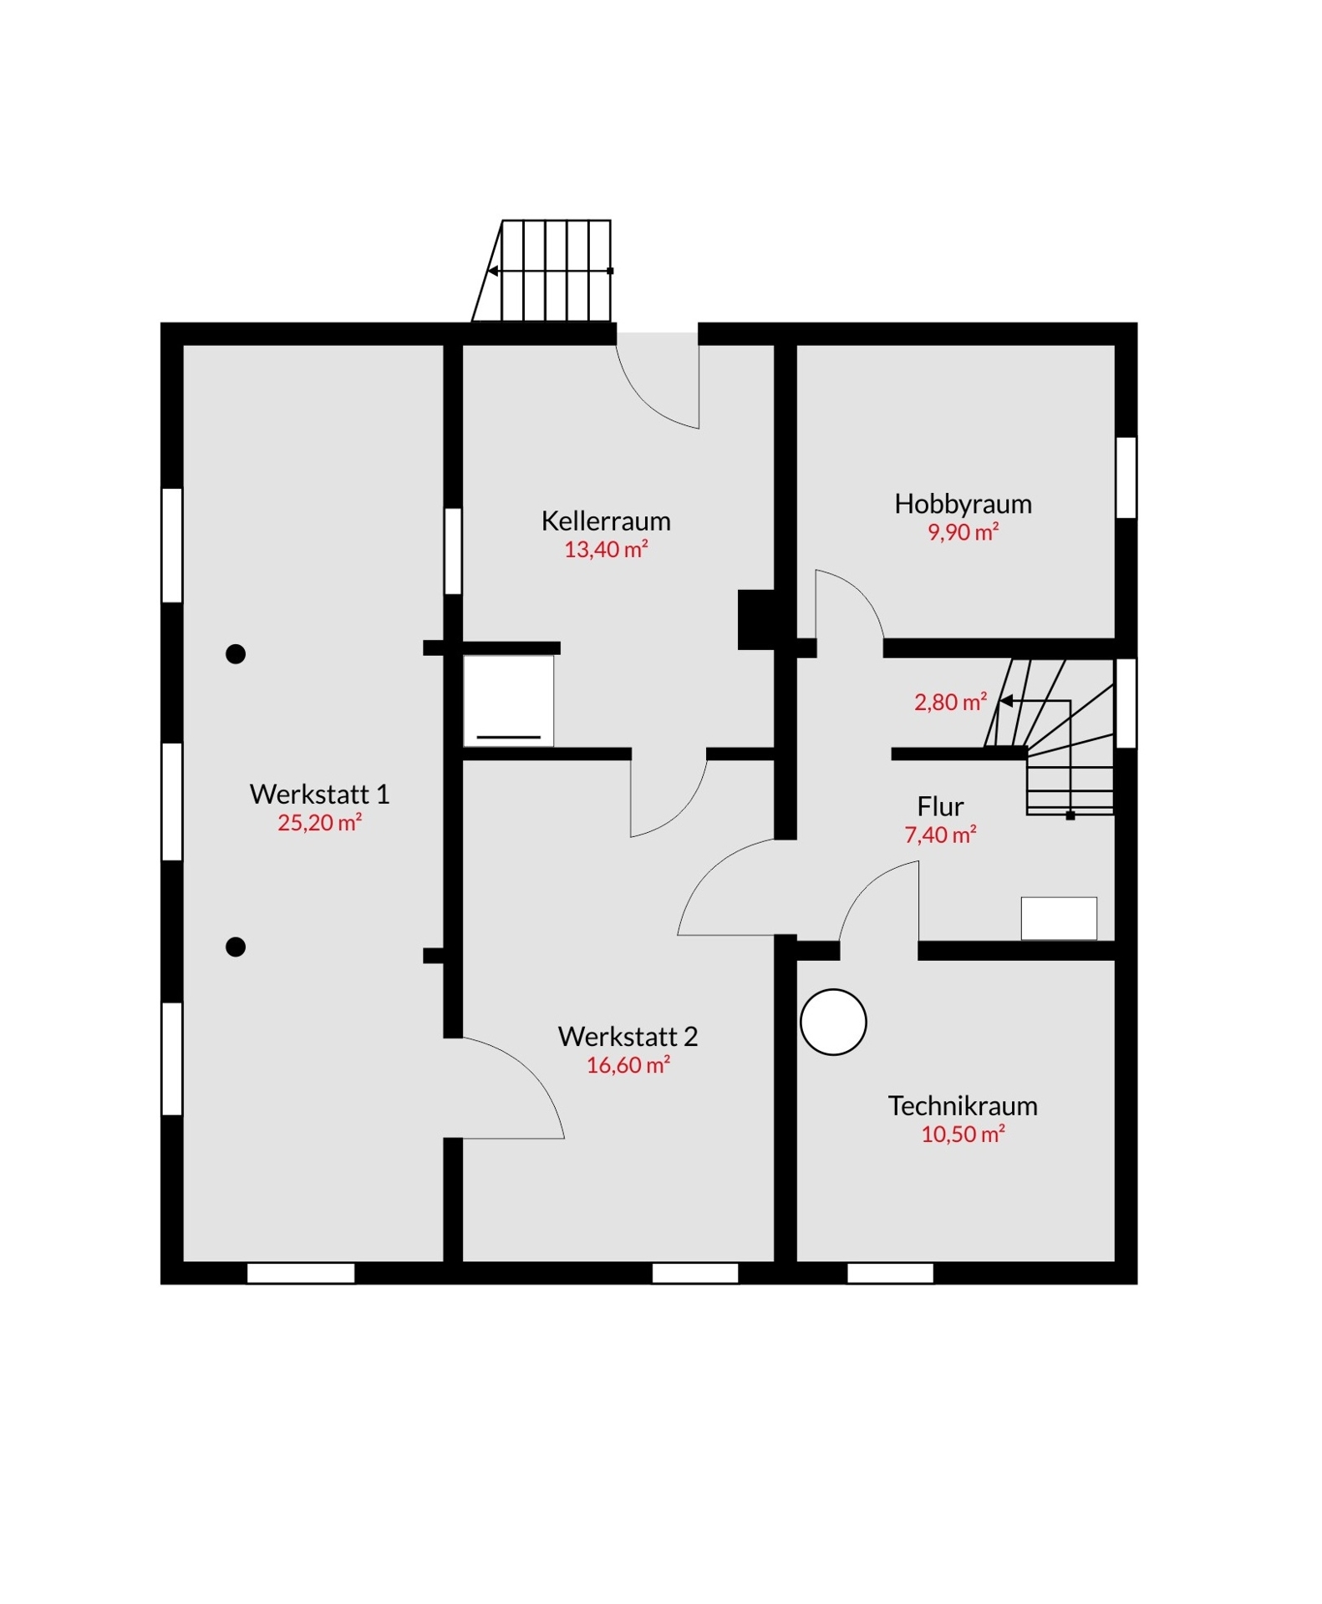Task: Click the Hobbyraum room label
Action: coord(963,505)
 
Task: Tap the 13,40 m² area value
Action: coord(606,550)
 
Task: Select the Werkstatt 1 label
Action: coord(319,794)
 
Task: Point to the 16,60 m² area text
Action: coord(628,1065)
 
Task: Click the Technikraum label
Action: coord(963,1106)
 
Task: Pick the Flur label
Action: coord(940,807)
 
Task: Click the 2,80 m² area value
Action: coord(951,703)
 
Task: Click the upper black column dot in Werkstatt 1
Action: coord(236,654)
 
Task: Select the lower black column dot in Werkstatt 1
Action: coord(236,947)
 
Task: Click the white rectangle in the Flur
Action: coord(1059,918)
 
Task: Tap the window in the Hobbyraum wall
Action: coord(1126,477)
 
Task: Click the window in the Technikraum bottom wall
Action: coord(890,1273)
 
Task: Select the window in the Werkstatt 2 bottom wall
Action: coord(694,1273)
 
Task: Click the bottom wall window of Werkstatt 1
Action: coord(301,1273)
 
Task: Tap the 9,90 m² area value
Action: coord(963,533)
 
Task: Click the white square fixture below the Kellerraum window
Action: coord(508,700)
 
